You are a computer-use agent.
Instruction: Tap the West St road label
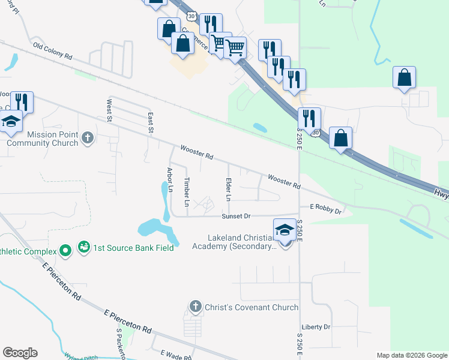point(110,111)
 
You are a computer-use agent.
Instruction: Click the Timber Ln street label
point(187,192)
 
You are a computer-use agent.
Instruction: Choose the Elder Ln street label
point(228,189)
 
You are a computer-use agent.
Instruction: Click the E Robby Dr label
point(325,211)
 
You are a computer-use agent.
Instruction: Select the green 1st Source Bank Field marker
point(66,248)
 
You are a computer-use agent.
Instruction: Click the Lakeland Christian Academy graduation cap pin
point(285,230)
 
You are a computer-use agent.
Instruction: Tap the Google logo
point(20,353)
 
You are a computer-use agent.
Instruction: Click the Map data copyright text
point(411,355)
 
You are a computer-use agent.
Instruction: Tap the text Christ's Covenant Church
point(252,307)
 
